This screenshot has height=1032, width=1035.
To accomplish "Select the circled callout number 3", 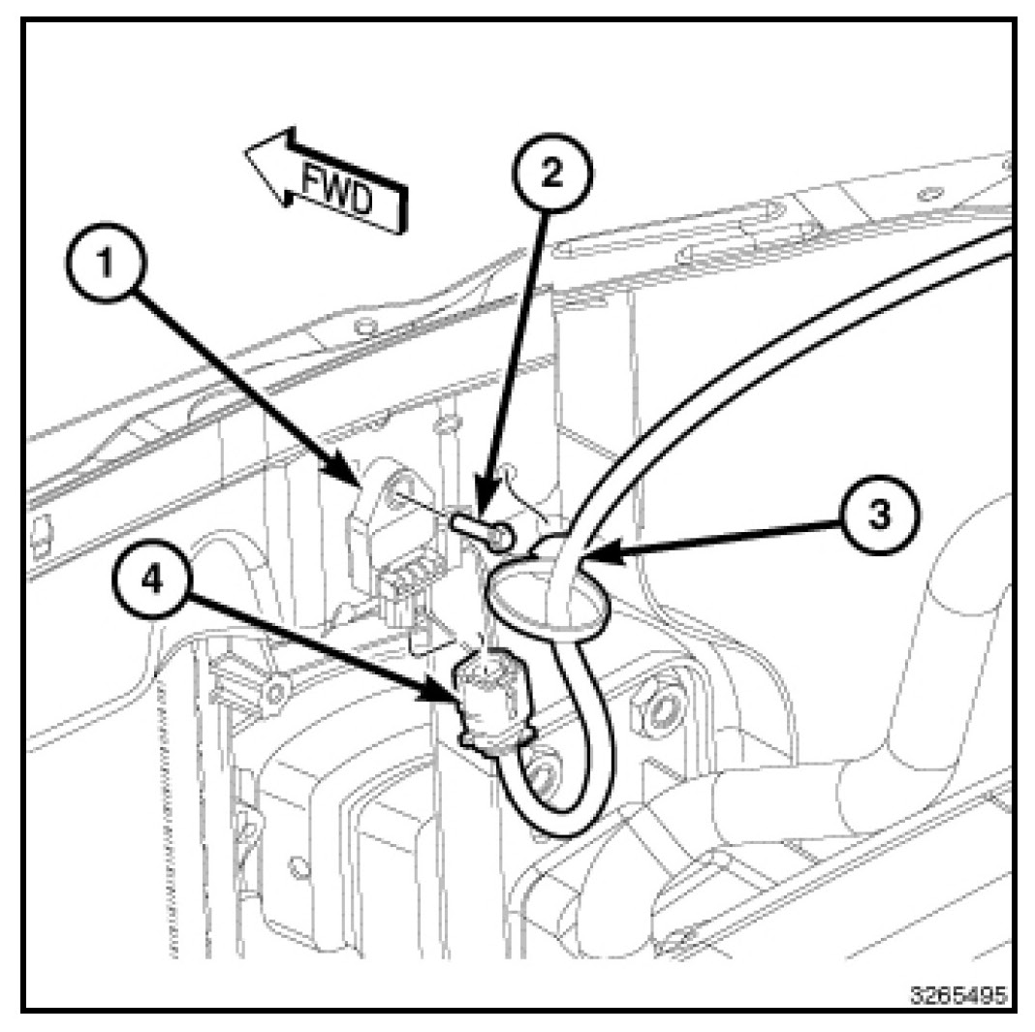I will pos(878,516).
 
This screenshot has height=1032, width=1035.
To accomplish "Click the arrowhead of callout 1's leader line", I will pos(360,484).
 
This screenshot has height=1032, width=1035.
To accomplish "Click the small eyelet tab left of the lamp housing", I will pos(278,690).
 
